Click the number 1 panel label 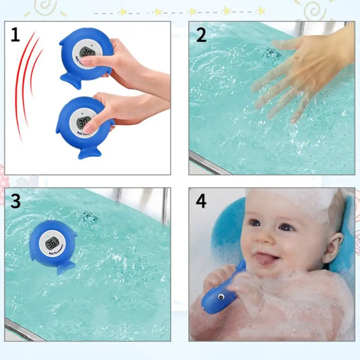click(15, 35)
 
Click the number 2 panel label click(201, 35)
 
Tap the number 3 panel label click(16, 201)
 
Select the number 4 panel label click(201, 201)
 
